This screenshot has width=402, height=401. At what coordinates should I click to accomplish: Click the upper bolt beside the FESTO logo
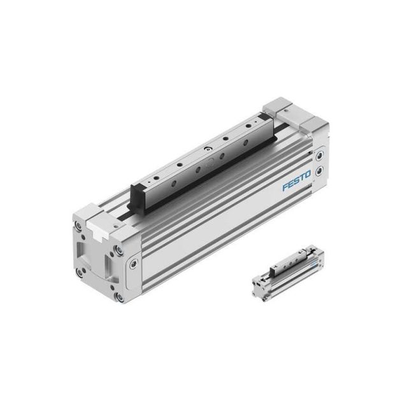click(x=319, y=154)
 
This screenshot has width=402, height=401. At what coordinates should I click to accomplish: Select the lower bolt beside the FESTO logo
click(x=320, y=170)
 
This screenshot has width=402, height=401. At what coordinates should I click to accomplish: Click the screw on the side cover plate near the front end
click(x=134, y=263)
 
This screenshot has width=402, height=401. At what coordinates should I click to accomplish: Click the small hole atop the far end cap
click(x=284, y=110)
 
